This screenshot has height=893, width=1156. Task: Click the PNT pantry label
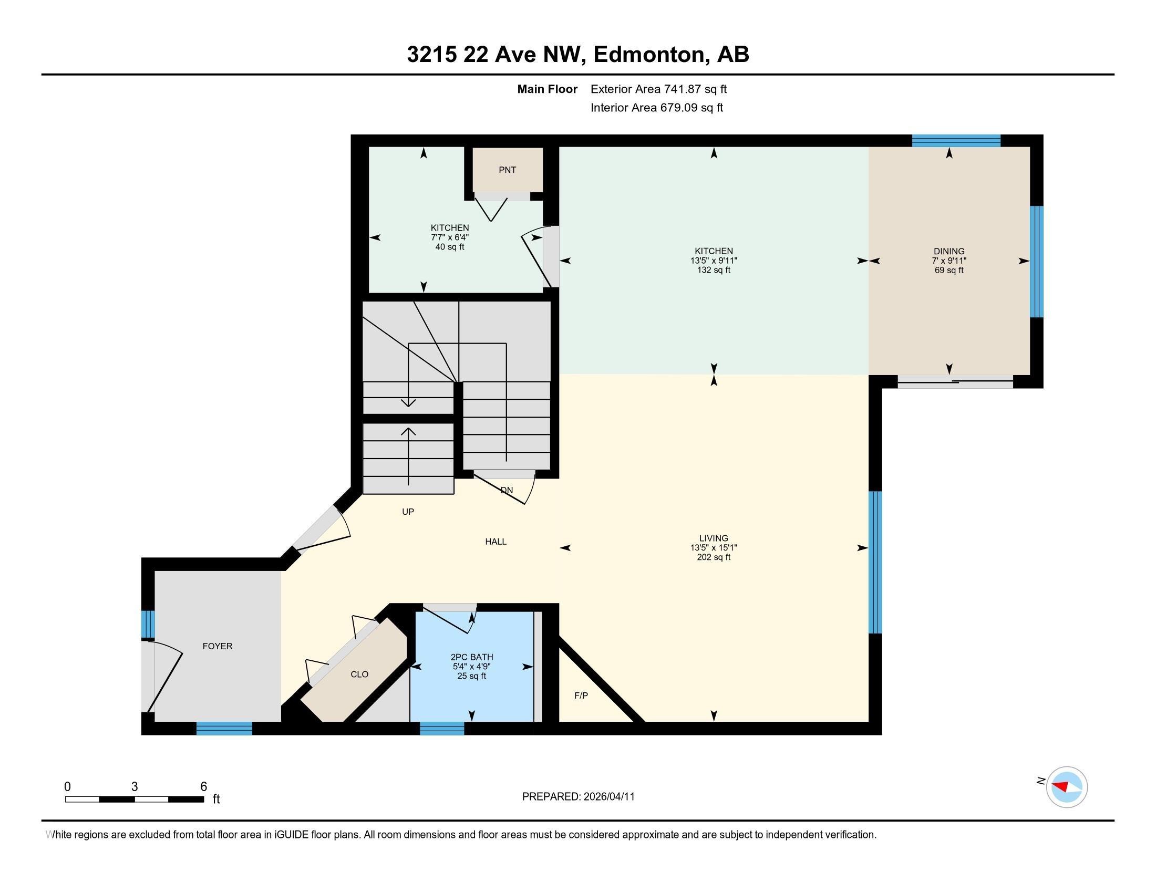507,170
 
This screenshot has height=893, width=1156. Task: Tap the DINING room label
948,251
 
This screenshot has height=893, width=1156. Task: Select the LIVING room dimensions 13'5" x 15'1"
713,547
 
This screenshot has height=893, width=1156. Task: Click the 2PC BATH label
471,658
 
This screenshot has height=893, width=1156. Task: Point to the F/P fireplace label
581,695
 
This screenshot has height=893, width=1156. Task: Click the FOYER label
217,646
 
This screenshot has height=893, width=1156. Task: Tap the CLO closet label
359,674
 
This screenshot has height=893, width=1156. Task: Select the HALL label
496,541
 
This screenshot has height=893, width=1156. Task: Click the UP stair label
408,512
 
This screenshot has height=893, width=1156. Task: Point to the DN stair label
507,490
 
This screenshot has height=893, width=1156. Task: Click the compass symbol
1066,787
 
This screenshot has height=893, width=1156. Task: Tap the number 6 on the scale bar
203,787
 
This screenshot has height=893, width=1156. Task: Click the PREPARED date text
578,797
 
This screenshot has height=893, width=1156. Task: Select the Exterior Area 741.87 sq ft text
658,89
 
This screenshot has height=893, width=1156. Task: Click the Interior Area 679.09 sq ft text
656,108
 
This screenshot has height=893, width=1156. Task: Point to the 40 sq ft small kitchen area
449,247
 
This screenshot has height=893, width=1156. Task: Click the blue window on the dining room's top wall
956,141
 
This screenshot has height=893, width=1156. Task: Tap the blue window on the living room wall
875,562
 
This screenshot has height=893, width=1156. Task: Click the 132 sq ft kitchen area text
713,270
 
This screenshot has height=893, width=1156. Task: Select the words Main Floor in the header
547,89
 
